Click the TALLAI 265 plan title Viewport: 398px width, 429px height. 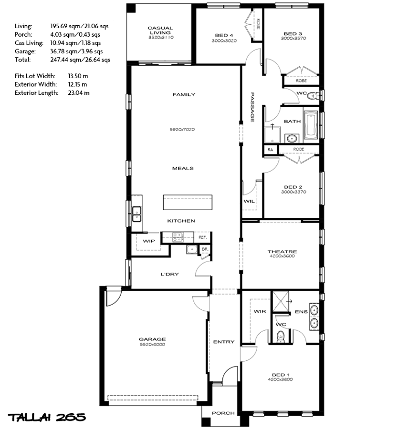pos(47,418)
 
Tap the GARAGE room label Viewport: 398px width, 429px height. pos(152,339)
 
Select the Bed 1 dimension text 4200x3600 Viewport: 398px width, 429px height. pos(280,379)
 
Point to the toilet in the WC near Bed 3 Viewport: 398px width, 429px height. pos(313,96)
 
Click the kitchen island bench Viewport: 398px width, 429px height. pos(188,202)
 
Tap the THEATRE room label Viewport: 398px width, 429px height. pos(282,251)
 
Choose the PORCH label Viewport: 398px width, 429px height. pos(223,413)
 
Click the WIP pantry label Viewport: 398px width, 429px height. pos(149,241)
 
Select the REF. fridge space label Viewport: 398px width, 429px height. pos(202,237)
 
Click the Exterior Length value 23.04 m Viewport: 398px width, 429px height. pos(79,93)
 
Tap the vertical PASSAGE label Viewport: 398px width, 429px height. pos(252,107)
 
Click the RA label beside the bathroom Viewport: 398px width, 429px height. pos(271,150)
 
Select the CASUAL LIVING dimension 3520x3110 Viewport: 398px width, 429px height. pos(161,38)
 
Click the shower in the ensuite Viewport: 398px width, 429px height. pos(281,301)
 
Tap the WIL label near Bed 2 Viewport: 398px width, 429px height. pos(249,201)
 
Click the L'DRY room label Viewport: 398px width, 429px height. pos(169,274)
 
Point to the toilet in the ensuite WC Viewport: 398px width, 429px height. pos(281,337)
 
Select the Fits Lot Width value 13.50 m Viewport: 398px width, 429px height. pos(78,76)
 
